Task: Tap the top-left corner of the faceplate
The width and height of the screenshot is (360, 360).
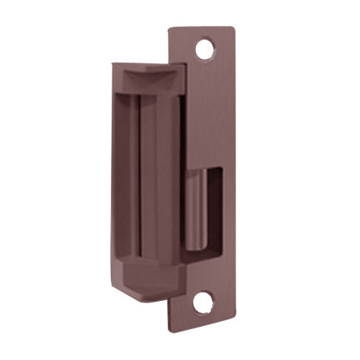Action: pos(170,30)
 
